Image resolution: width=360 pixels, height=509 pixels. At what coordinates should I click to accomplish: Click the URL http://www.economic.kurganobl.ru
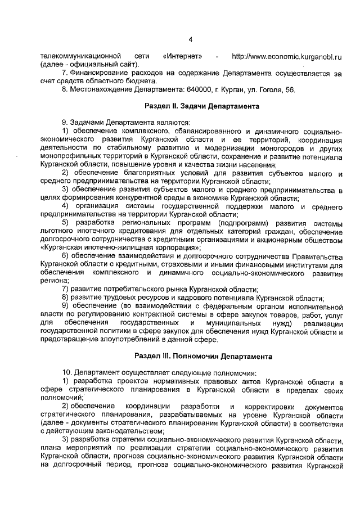[287, 57]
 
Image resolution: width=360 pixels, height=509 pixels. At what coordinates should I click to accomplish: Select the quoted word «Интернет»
[182, 57]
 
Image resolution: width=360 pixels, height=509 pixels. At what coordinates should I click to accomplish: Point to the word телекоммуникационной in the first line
[81, 57]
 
